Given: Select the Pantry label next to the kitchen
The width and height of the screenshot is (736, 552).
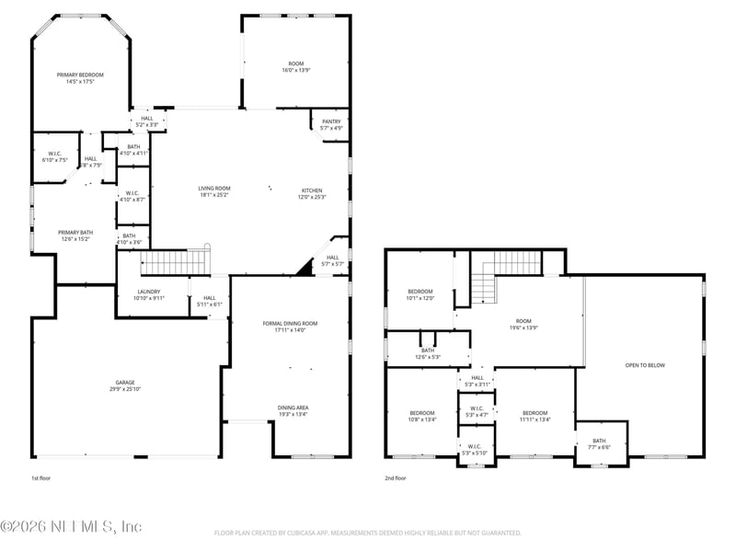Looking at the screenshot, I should click(331, 124).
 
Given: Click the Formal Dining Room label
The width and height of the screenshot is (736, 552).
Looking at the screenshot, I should click(290, 327).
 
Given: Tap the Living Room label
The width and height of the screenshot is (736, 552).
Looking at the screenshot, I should click(214, 191).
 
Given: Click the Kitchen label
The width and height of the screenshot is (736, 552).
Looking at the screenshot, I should click(312, 193).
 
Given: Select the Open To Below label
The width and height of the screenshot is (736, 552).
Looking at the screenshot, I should click(644, 365).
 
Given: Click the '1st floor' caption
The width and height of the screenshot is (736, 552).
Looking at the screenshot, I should click(41, 478).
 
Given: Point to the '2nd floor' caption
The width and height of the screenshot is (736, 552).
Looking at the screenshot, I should click(395, 478).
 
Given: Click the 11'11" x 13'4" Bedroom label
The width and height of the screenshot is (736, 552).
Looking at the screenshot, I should click(535, 416).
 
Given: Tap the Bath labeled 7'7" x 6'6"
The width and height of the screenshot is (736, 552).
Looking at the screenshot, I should click(599, 443).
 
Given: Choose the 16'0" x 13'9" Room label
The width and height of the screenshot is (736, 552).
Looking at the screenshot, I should click(295, 66).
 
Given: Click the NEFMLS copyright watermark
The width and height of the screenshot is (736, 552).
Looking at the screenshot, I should click(71, 526).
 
